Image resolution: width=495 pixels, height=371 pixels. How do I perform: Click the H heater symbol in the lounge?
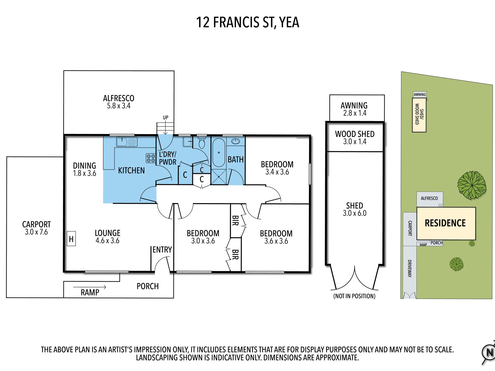71,239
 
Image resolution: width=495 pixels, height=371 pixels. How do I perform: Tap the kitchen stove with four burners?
151,158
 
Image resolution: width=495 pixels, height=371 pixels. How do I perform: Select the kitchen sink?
127,142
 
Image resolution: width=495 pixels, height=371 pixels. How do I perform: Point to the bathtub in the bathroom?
219,153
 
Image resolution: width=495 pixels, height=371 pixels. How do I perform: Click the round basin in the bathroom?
236,141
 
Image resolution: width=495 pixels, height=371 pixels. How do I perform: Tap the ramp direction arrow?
89,287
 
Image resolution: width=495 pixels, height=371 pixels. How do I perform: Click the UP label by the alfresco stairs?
166,118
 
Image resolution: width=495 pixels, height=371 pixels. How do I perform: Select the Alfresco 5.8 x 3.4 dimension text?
119,106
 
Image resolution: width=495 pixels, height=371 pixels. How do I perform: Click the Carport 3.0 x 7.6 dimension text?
36,232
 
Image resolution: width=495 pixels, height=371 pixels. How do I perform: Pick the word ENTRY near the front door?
162,250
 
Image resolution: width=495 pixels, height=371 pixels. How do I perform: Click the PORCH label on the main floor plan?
148,286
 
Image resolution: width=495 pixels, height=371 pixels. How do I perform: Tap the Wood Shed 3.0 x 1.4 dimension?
355,142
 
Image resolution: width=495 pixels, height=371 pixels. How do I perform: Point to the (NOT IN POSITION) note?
354,296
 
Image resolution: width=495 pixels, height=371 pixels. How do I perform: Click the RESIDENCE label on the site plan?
445,223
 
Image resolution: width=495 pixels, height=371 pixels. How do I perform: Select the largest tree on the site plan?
472,185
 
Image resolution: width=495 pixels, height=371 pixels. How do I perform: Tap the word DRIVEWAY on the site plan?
410,268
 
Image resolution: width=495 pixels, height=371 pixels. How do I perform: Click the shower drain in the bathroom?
219,177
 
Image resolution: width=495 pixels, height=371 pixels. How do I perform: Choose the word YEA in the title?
289,22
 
